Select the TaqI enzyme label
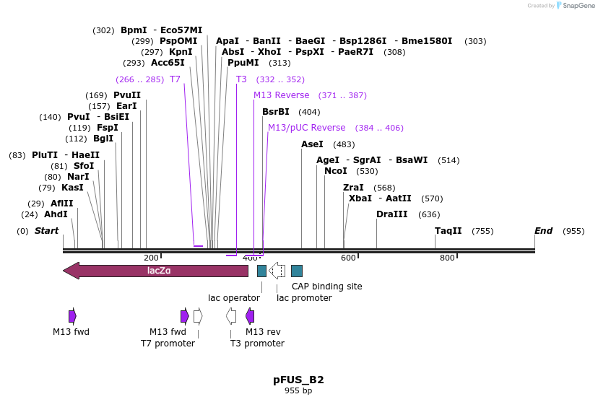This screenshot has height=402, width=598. click(448, 231)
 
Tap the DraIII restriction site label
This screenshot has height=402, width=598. click(392, 214)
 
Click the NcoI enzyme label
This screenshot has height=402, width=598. click(336, 171)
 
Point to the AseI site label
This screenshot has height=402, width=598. click(312, 144)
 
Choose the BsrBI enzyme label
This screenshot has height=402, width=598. click(276, 112)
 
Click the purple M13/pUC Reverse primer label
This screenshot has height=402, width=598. click(307, 128)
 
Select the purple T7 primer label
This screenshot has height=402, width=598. click(175, 79)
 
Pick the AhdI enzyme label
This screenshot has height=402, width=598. click(56, 214)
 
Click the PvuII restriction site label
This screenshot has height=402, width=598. click(127, 95)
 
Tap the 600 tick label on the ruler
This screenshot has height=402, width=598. click(349, 258)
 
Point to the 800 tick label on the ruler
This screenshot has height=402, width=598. click(447, 258)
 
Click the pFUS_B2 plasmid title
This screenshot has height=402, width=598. click(298, 380)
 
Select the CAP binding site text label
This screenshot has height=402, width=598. click(326, 287)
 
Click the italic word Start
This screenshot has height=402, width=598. click(46, 231)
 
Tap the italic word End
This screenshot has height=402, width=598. click(543, 231)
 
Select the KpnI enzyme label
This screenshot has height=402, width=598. click(181, 52)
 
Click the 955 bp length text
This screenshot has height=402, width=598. click(298, 391)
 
